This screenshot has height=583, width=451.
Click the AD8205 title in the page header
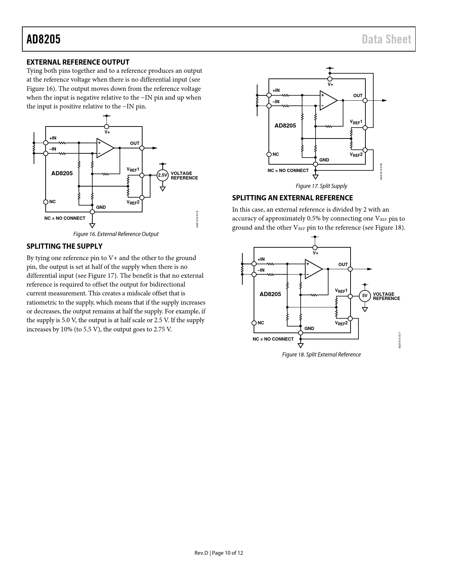coord(44,39)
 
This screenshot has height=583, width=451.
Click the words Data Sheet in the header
coord(386,39)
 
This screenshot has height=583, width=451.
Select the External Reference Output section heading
coord(78,62)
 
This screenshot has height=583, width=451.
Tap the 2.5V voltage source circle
coord(162,175)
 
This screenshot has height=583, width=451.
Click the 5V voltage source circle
coord(365,296)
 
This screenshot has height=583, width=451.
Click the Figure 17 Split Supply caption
coord(321,186)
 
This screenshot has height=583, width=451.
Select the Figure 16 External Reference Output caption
coord(116,234)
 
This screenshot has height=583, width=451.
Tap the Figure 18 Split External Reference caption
coord(321,354)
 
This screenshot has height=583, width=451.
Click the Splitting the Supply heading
coord(64,246)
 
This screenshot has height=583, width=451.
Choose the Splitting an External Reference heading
coord(292,198)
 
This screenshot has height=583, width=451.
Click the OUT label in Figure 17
coord(358,95)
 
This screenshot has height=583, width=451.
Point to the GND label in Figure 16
coord(101,207)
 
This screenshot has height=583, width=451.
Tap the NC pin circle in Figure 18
coord(254,323)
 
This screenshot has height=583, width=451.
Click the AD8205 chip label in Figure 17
coord(285,125)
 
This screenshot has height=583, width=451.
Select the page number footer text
coord(219,553)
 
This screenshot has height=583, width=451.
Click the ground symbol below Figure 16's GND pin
coord(92,225)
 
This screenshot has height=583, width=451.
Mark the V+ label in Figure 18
coord(316,253)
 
